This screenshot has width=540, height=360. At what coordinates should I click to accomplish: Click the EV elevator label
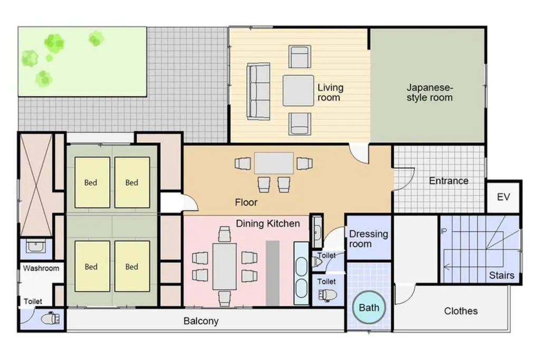coord(503,197)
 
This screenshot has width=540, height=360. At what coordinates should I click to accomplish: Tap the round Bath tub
coord(369,307)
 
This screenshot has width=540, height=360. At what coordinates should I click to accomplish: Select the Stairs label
coord(502,275)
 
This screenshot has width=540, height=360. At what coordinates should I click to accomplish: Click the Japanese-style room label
coord(429,92)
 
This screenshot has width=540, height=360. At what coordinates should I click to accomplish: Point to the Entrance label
coord(448,181)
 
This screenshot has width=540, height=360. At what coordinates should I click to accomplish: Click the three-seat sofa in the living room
coord(258,91)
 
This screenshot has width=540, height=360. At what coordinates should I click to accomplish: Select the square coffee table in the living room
coord(298,91)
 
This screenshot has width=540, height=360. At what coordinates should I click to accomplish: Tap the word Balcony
coord(201,321)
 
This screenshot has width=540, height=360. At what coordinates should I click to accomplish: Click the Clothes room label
coord(460,311)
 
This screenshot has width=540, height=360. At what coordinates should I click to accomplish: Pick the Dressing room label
coord(368,239)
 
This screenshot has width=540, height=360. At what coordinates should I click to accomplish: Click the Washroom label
coord(41,268)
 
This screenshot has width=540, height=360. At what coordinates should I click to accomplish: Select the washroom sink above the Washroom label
coord(35,247)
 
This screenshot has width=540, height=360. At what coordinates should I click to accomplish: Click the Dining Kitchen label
coord(267,223)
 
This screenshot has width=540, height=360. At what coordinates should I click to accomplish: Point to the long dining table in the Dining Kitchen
coord(225,266)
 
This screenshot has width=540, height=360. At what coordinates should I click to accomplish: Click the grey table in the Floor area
coord(274,163)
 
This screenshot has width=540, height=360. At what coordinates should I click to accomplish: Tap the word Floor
coord(246,202)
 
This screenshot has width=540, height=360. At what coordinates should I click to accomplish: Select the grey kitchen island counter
coord(273,273)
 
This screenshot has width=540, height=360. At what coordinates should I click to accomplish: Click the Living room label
coord(330,92)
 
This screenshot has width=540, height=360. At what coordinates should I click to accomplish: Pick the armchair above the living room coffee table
coord(300,56)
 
